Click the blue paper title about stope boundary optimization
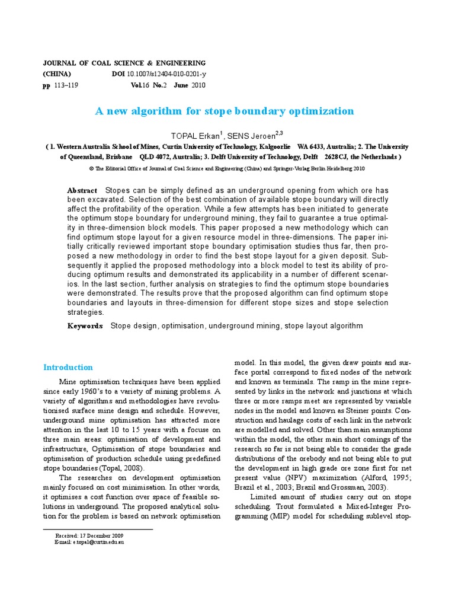point(225,111)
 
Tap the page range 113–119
point(66,85)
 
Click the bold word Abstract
point(82,190)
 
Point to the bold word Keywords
point(85,326)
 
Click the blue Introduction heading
point(69,367)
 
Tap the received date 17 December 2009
point(100,535)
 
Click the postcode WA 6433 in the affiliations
point(312,146)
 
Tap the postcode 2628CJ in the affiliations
point(337,157)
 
